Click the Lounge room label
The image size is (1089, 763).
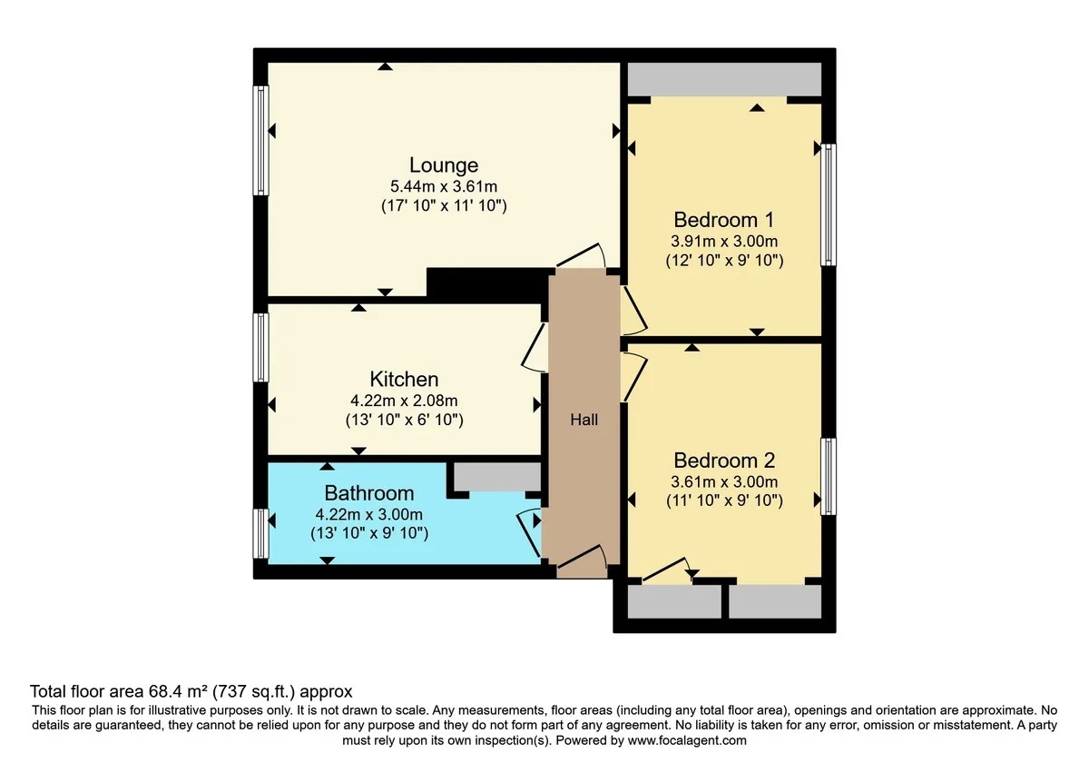coord(444,165)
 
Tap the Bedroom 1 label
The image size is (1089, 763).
coord(723,220)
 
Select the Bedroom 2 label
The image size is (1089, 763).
coord(724,461)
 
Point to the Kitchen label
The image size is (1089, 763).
coord(404,379)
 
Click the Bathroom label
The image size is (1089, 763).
coord(369,493)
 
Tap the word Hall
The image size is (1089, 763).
coord(584,420)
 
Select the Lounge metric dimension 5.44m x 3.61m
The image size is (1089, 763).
coord(444,186)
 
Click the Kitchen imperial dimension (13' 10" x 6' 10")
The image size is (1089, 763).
coord(404,420)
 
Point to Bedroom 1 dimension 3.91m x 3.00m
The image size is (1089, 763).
coord(724,241)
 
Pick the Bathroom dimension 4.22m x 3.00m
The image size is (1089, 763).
coord(369,514)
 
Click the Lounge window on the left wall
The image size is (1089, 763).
coord(261,141)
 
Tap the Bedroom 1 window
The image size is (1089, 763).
coord(829,205)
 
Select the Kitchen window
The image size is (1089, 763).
coord(261,347)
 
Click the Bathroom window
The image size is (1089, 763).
coord(261,533)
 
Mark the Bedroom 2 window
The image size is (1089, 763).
coord(829,477)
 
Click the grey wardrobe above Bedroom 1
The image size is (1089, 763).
coord(724,79)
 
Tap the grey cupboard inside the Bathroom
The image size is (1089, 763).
coord(497,477)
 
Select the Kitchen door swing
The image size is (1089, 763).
coord(533,349)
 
